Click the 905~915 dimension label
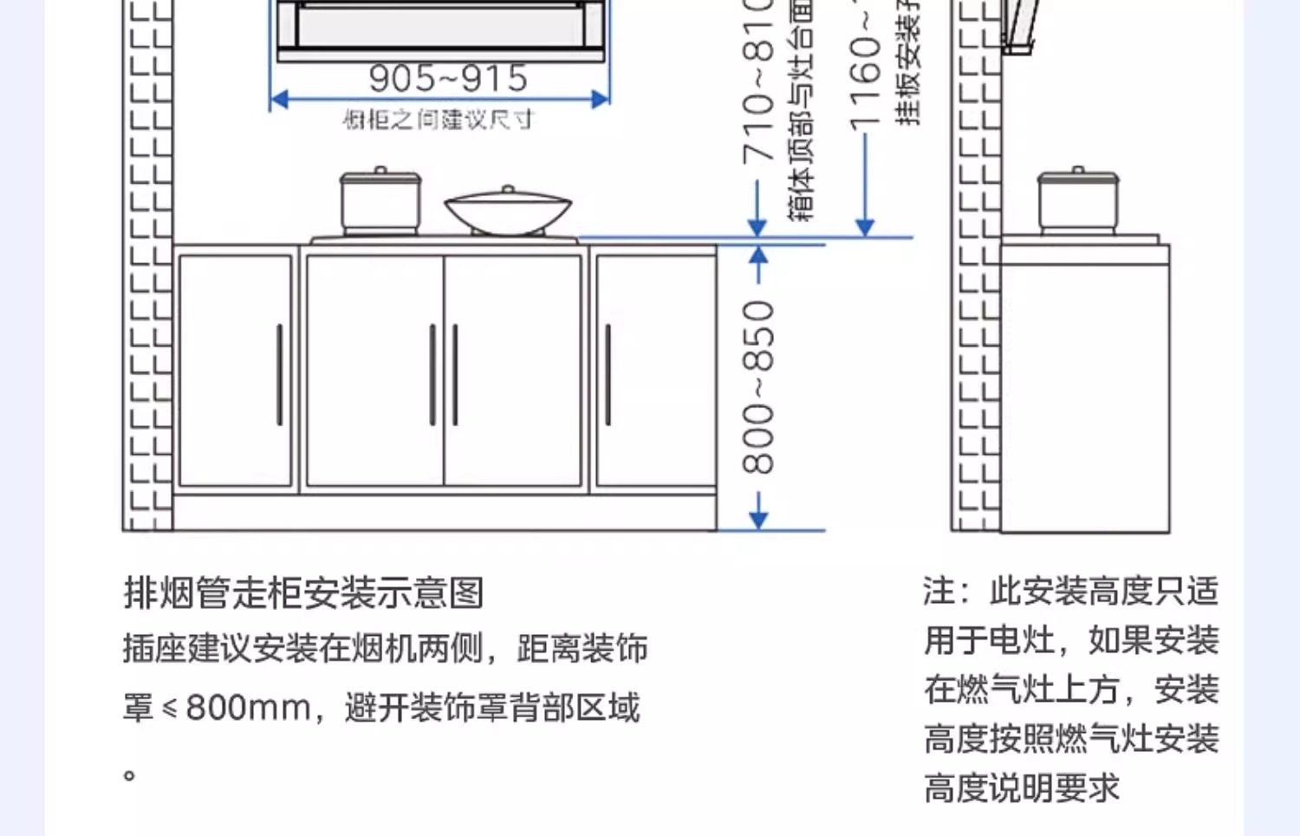(448, 78)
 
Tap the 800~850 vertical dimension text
(758, 386)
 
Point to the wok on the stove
(508, 211)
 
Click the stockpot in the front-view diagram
(380, 201)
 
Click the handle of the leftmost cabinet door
(279, 374)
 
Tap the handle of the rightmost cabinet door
(608, 374)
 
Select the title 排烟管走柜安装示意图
(303, 593)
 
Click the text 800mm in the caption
(248, 708)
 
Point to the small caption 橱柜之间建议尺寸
(438, 120)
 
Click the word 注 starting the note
(939, 592)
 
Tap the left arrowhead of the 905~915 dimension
(278, 100)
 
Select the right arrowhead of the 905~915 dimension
(601, 100)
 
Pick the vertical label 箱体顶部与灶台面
(801, 113)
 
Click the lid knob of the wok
(509, 188)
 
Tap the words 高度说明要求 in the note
(1022, 788)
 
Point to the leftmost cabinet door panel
(236, 370)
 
